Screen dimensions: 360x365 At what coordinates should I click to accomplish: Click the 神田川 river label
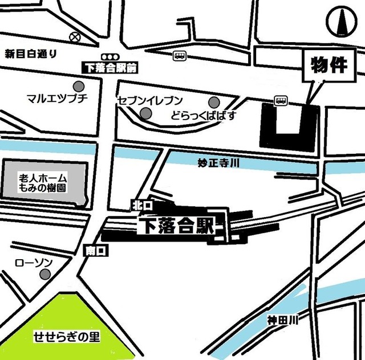(283, 321)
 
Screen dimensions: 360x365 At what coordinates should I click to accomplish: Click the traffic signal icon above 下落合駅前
(109, 57)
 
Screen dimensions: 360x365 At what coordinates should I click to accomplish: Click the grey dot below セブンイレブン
(146, 115)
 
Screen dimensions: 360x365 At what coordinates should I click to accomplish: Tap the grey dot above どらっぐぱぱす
(214, 103)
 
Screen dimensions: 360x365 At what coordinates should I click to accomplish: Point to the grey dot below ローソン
(44, 275)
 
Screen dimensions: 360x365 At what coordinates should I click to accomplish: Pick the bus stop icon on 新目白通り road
(179, 56)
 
